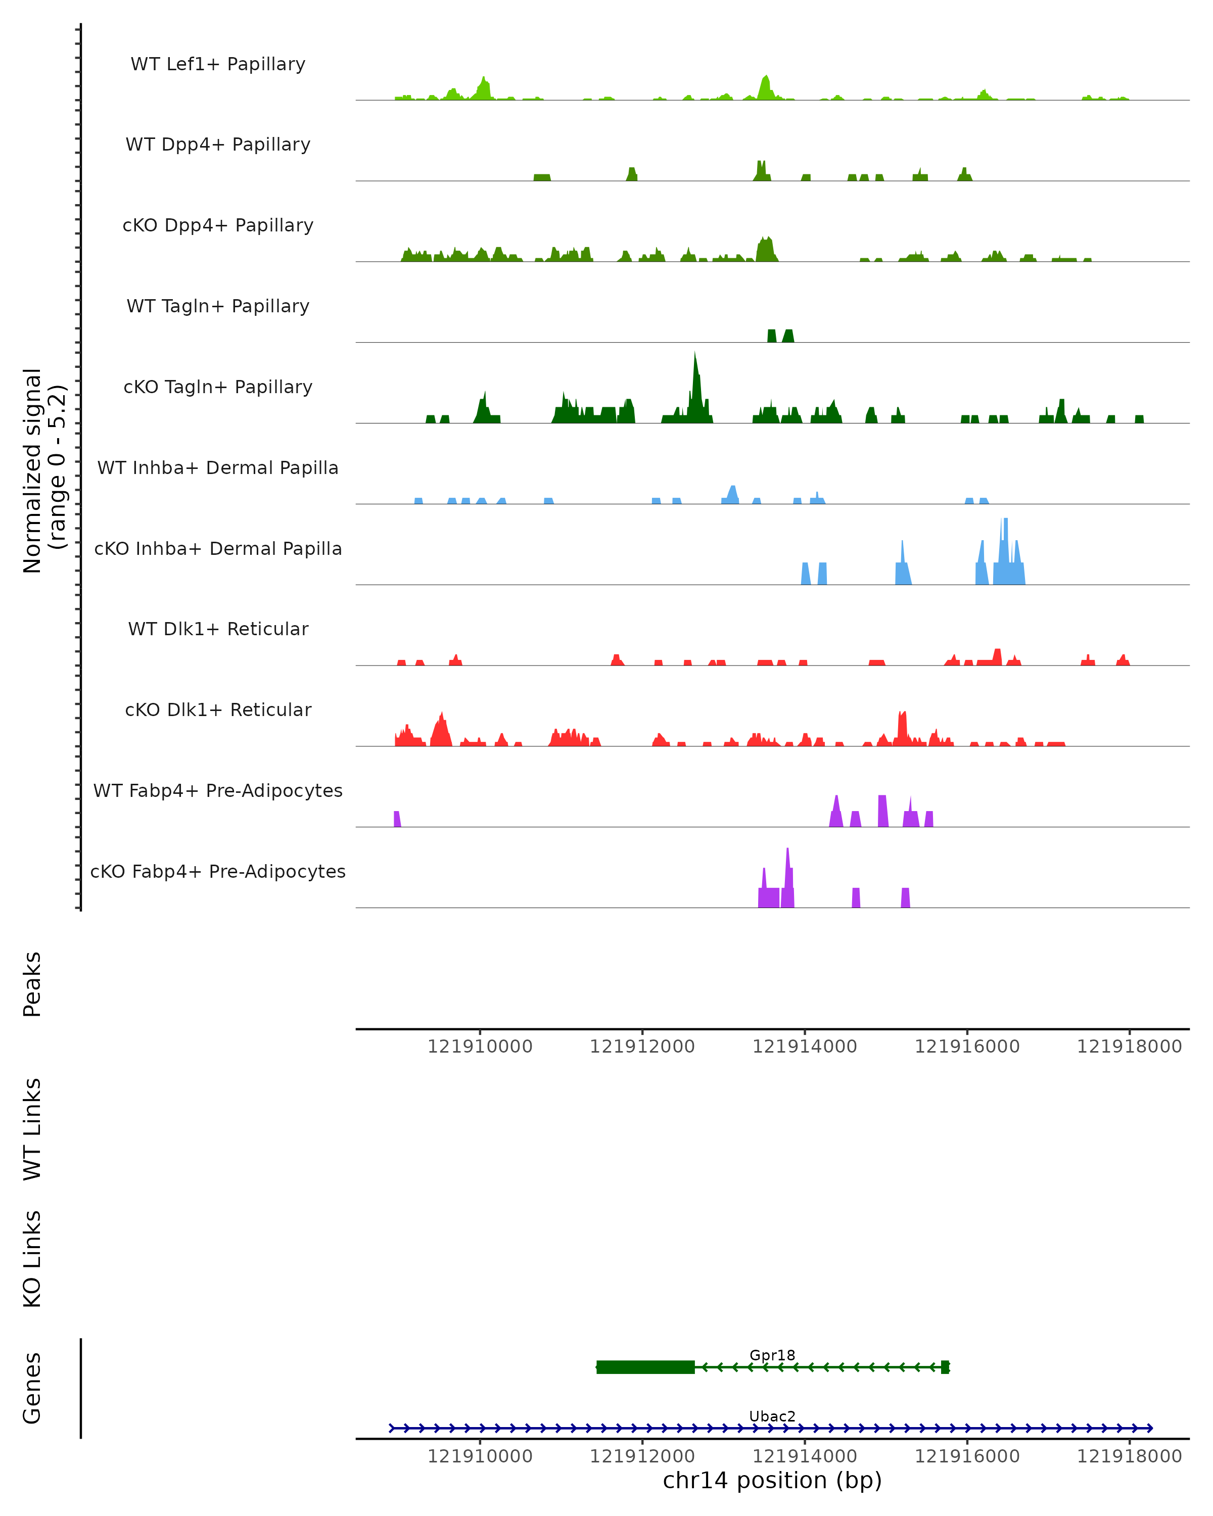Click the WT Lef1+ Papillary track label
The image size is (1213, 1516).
coord(218,64)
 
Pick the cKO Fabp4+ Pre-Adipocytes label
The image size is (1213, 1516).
coord(218,871)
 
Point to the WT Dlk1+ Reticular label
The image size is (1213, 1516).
coord(218,629)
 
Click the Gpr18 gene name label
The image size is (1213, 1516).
coord(772,1355)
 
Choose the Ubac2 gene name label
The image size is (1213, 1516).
coord(772,1416)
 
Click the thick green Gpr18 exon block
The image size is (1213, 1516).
coord(645,1367)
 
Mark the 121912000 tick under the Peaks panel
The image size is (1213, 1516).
coord(642,1047)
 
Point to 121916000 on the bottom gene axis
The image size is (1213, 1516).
coord(967,1456)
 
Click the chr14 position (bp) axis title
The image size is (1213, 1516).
coord(772,1481)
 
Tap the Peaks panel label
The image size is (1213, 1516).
coord(32,984)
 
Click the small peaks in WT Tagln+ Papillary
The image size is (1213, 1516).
coord(780,336)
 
